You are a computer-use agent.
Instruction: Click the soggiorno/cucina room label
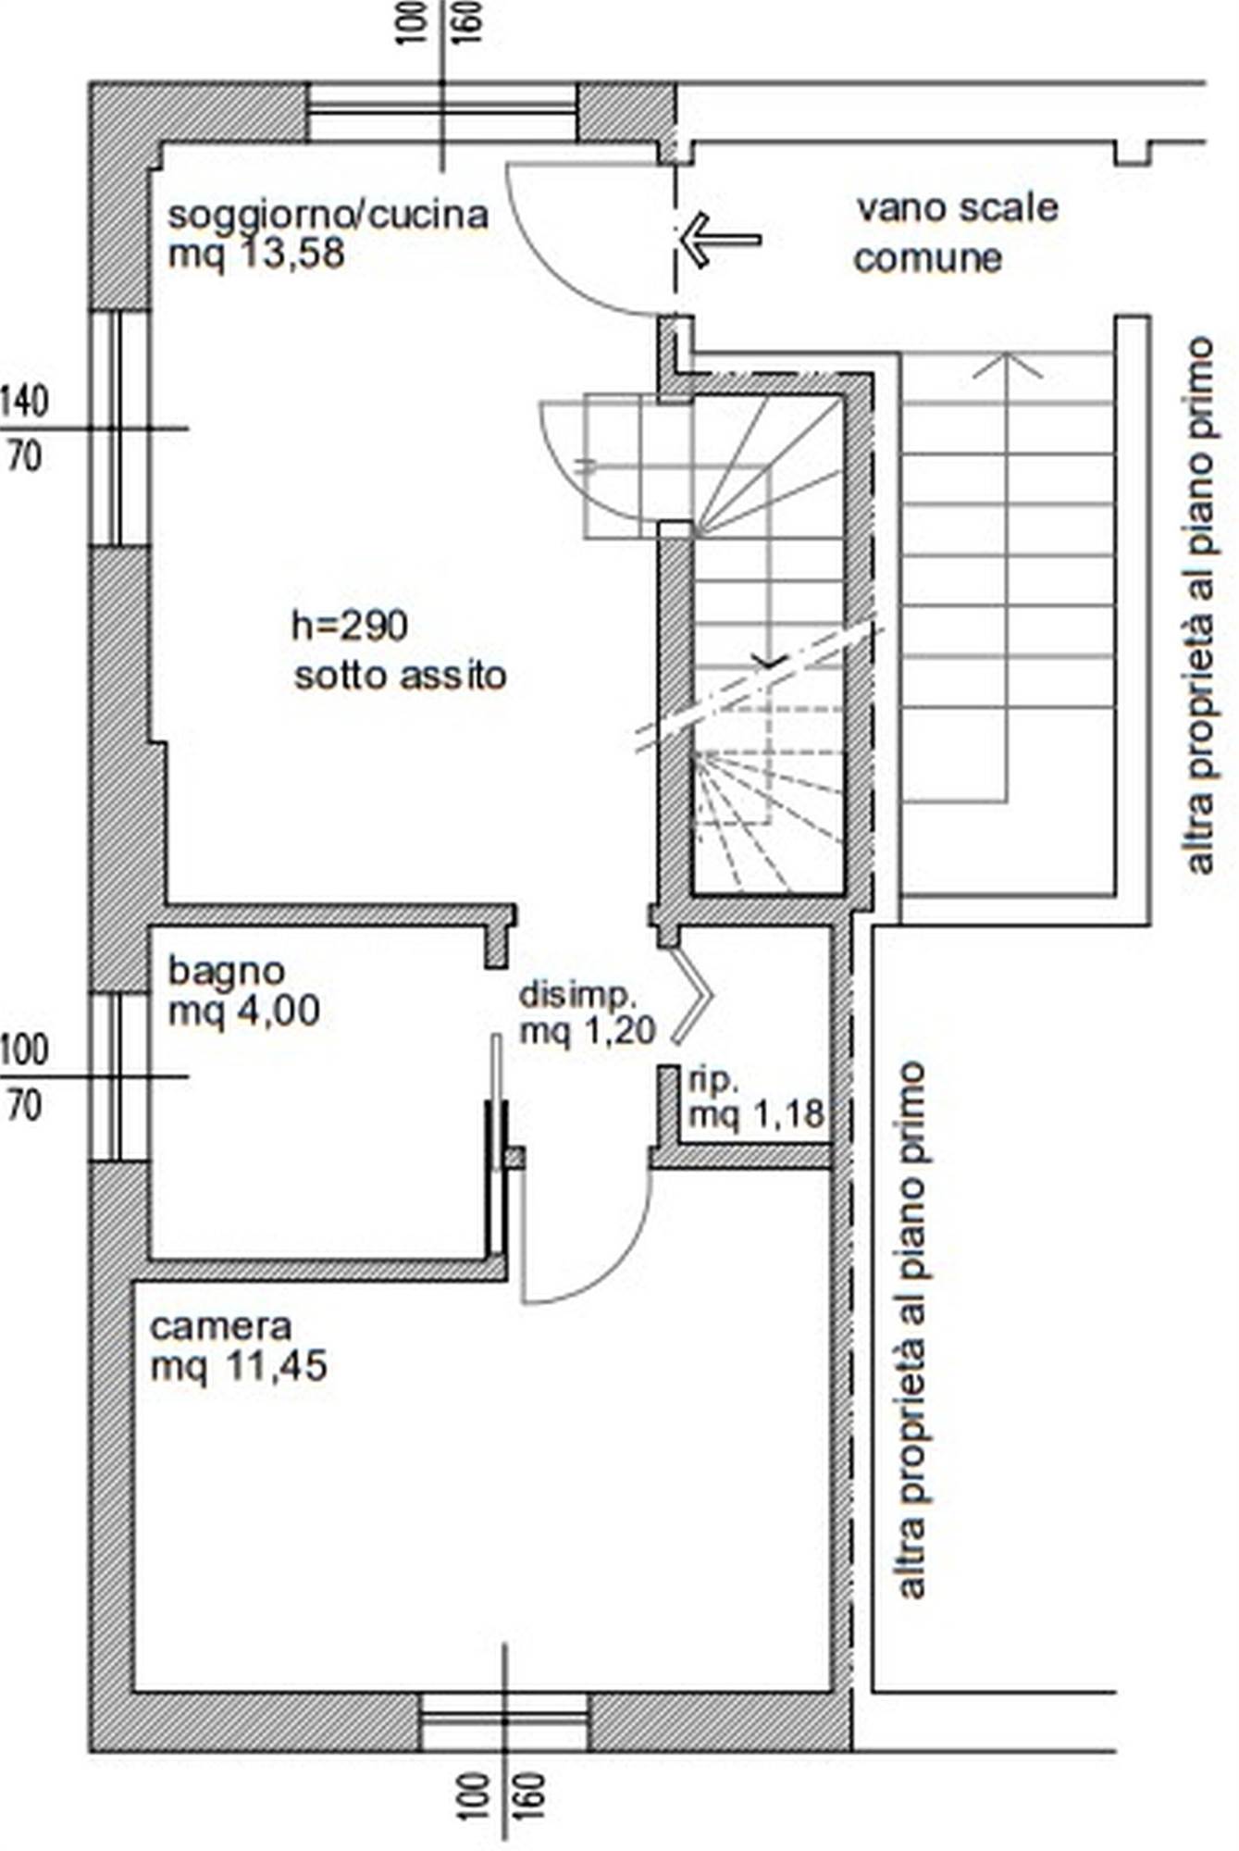click(x=328, y=215)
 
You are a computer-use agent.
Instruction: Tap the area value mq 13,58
click(x=256, y=254)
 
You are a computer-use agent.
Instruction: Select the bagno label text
click(x=226, y=972)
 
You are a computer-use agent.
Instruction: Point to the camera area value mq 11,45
click(x=239, y=1366)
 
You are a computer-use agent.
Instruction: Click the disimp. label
click(x=578, y=996)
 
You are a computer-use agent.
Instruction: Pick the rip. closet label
click(x=713, y=1079)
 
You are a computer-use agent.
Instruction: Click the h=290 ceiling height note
click(x=350, y=627)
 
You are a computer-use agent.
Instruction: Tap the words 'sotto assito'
click(x=401, y=675)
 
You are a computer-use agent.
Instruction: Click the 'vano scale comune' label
click(x=956, y=232)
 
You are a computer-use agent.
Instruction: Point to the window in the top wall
click(x=442, y=112)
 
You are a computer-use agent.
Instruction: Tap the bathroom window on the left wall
click(x=119, y=1076)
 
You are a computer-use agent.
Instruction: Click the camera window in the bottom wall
click(x=504, y=1721)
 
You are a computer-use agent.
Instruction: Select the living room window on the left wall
click(x=119, y=428)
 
